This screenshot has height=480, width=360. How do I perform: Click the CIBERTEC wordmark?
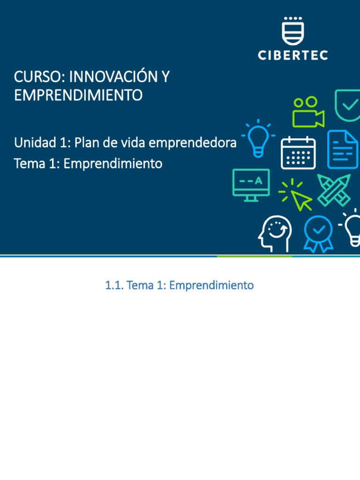click(293, 55)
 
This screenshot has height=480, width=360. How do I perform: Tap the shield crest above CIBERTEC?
click(293, 31)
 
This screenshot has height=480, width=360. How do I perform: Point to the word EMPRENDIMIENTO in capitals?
click(78, 95)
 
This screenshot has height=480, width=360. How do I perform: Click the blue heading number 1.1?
click(113, 285)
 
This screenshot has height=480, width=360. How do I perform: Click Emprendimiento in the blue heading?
click(211, 285)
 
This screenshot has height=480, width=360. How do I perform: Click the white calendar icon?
click(298, 153)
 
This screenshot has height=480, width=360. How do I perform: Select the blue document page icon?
click(343, 149)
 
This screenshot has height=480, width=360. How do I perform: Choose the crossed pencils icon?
click(334, 190)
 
